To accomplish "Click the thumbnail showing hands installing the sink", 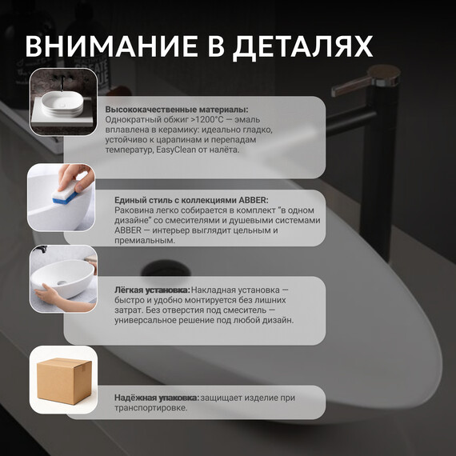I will point(62,279).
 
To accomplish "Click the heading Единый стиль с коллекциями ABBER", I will point(192,200).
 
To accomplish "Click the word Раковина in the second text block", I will point(127,210).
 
